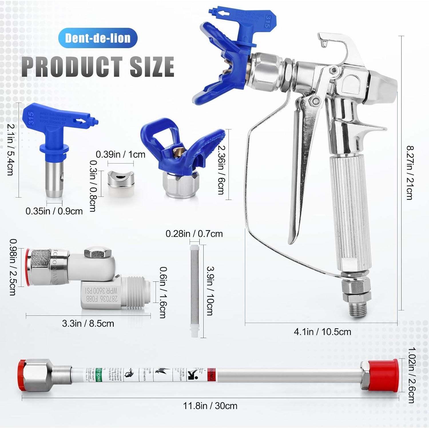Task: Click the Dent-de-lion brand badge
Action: tap(98, 38)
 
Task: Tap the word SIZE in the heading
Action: tap(152, 66)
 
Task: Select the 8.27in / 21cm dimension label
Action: tap(410, 173)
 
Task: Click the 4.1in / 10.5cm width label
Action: tap(322, 332)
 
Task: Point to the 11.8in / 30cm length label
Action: tap(210, 406)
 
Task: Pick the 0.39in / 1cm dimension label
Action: tap(120, 154)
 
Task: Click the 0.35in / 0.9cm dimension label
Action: tap(54, 211)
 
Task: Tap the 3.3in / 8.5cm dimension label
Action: tap(88, 323)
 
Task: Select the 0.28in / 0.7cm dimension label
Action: tap(194, 234)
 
